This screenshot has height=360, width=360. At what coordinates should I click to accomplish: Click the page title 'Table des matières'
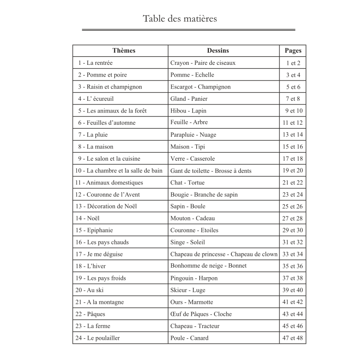tap(180, 19)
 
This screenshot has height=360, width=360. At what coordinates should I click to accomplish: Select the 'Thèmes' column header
tap(124, 51)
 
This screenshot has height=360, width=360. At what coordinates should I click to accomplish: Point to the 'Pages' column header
tap(293, 51)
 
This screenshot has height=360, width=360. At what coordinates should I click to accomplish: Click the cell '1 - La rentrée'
tap(95, 63)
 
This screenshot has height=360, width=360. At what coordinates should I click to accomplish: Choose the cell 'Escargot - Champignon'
tap(200, 87)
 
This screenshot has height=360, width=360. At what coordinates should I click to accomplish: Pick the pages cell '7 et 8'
tap(293, 99)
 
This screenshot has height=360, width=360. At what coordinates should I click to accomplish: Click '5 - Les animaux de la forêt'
tap(112, 111)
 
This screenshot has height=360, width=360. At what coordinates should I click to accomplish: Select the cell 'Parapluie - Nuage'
tap(193, 135)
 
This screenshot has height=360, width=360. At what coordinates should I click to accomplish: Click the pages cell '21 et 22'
tap(293, 182)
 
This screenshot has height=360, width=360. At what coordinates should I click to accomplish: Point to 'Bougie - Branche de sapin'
tap(204, 194)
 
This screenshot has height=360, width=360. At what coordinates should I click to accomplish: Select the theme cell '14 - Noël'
tap(88, 218)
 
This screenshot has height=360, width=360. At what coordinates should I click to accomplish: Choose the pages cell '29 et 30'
tap(293, 230)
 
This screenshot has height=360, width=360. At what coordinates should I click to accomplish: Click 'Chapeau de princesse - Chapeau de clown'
tap(224, 254)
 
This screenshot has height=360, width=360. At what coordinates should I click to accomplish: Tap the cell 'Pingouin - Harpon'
tap(194, 278)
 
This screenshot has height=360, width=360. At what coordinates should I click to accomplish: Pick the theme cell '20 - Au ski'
tap(90, 290)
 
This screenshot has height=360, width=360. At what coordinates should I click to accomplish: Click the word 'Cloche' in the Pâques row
tap(223, 314)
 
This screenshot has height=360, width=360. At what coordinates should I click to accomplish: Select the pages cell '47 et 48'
tap(293, 338)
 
